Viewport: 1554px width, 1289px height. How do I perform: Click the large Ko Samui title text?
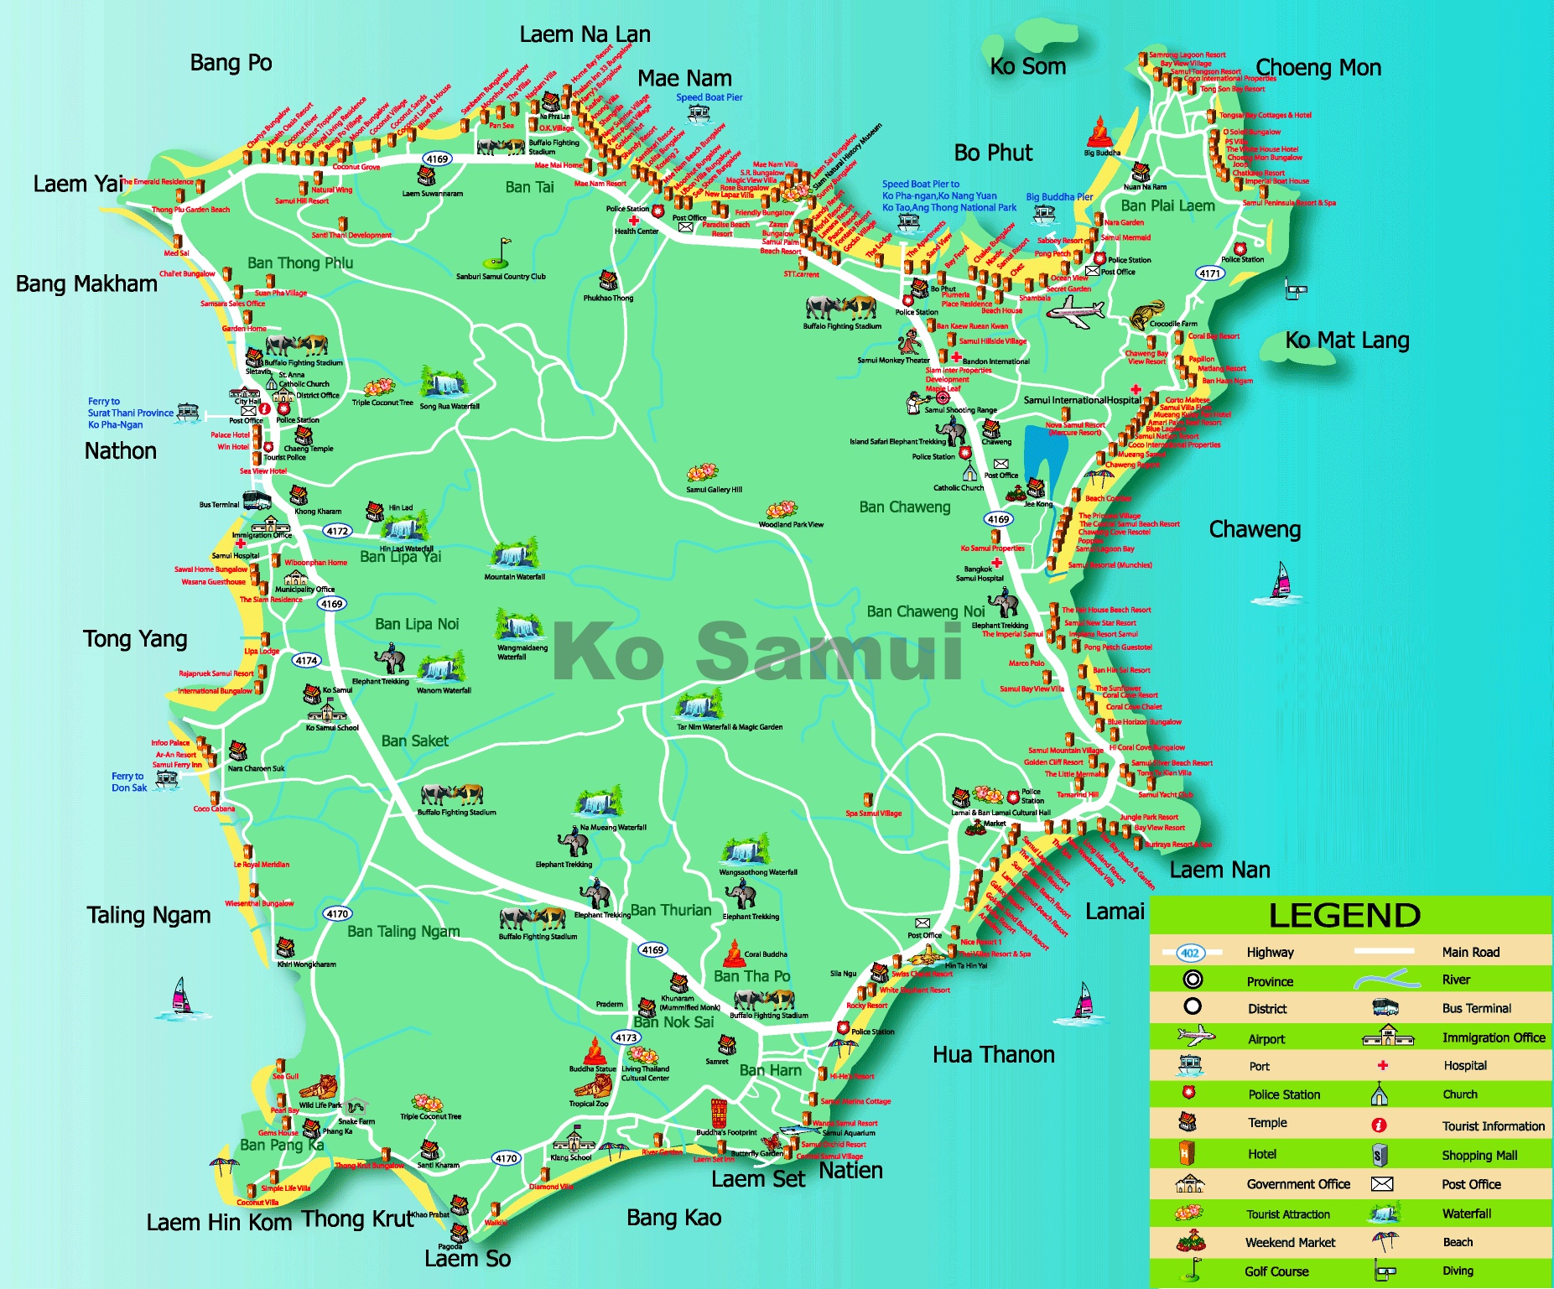point(759,652)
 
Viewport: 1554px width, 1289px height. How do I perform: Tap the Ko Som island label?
point(1027,66)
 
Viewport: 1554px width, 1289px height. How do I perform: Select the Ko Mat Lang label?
point(1347,340)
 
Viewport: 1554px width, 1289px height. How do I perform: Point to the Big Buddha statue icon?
point(1099,133)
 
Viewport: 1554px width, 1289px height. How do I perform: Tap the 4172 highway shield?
point(337,531)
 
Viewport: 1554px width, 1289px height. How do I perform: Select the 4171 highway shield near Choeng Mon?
point(1209,273)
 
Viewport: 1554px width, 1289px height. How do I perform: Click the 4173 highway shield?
point(626,1037)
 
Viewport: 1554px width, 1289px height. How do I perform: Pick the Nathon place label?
point(120,451)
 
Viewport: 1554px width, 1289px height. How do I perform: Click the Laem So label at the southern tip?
point(467,1259)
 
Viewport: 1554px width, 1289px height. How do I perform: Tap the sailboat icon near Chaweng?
point(1280,581)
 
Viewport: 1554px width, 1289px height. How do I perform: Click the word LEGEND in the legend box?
point(1344,915)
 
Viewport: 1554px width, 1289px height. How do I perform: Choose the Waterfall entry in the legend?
point(1466,1214)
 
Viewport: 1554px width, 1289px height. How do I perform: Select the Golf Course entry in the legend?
point(1276,1271)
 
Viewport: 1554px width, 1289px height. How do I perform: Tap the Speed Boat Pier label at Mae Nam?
point(709,97)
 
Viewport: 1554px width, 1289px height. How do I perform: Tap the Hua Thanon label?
point(993,1055)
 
